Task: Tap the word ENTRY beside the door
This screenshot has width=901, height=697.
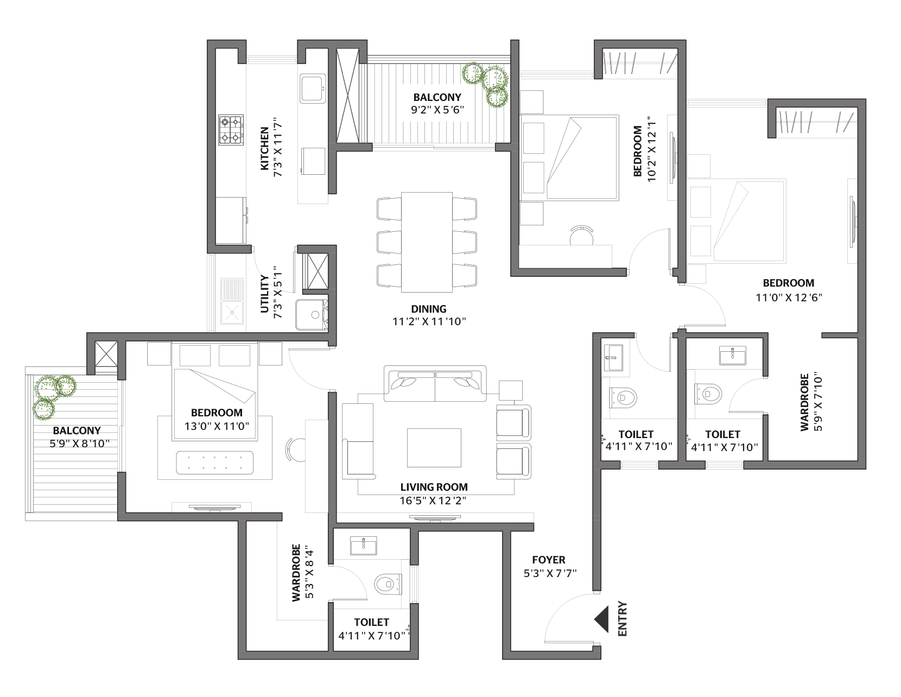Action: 623,619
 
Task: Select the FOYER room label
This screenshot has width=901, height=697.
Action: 549,560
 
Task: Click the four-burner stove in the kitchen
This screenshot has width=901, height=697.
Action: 231,130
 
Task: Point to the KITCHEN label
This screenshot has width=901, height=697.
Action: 264,148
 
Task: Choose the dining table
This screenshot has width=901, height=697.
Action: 427,242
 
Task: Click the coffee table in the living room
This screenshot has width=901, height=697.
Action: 434,447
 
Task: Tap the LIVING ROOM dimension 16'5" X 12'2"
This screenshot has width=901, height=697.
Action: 433,500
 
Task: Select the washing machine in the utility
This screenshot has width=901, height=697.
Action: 312,315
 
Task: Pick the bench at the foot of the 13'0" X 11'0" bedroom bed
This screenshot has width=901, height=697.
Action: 215,462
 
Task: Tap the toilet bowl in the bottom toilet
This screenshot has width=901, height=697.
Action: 388,584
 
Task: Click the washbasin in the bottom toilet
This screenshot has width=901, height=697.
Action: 364,545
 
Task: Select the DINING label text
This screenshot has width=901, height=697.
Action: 429,309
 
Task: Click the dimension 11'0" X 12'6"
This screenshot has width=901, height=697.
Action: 789,297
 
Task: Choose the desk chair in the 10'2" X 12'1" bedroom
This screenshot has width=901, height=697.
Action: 581,236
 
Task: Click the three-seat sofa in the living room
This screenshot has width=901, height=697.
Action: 435,383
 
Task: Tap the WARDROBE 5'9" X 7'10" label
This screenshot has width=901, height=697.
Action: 810,403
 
